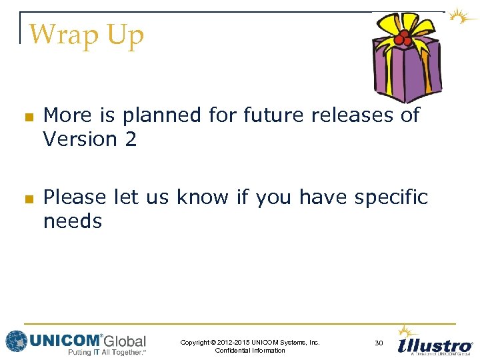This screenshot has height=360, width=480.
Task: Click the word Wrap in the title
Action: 58,35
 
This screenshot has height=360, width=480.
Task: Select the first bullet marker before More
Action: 28,117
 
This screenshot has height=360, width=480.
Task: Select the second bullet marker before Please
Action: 28,199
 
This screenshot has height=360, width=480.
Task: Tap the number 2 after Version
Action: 130,139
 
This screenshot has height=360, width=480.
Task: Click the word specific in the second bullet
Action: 391,197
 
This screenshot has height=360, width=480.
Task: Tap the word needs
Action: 72,221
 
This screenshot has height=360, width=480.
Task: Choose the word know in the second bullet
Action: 201,197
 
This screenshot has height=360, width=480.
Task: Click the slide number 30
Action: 379,343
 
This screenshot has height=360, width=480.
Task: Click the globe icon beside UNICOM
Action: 16,341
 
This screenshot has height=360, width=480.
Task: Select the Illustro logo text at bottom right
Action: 435,345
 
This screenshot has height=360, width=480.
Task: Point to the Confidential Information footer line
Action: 250,351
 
